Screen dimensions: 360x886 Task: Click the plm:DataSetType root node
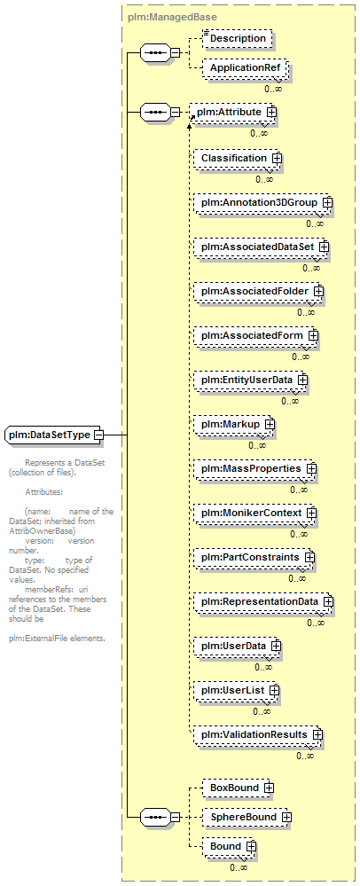click(x=54, y=435)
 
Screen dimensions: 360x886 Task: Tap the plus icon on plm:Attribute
click(x=272, y=112)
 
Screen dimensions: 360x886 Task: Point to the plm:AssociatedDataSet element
click(x=261, y=247)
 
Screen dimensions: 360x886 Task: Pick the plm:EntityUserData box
click(x=251, y=380)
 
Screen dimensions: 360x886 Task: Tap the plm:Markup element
click(x=234, y=424)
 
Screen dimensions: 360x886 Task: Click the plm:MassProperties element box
click(x=255, y=469)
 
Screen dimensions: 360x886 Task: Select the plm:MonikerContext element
click(x=255, y=514)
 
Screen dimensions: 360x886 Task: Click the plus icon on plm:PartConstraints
click(x=309, y=557)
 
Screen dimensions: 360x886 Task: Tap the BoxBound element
click(x=238, y=788)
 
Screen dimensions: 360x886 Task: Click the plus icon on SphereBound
click(x=286, y=817)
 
